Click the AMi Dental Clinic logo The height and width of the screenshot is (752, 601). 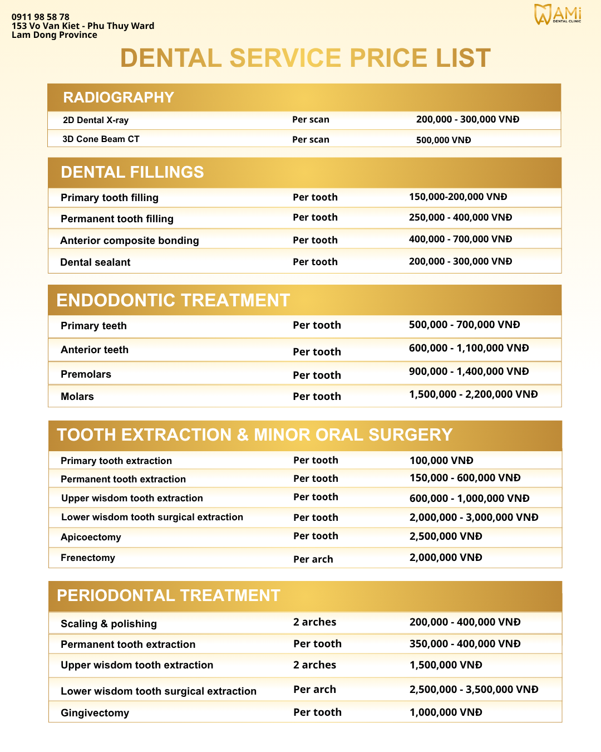[x=558, y=14]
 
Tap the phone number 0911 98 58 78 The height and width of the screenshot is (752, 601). [x=41, y=17]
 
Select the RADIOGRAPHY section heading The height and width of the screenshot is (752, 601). [x=119, y=97]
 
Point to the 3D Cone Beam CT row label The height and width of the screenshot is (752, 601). [x=101, y=139]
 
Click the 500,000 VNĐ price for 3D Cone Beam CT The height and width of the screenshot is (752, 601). [x=444, y=140]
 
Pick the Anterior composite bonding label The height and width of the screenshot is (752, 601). [x=130, y=241]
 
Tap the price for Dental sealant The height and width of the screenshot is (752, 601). [x=460, y=261]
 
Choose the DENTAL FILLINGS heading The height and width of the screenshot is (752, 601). [x=132, y=172]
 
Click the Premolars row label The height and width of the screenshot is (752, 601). [x=86, y=374]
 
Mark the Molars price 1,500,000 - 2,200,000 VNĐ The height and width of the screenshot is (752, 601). [x=474, y=394]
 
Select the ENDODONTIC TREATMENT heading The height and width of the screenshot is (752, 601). [x=173, y=300]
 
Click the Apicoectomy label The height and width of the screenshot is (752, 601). [x=91, y=537]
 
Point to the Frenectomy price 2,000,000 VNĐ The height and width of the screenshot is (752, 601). [x=446, y=558]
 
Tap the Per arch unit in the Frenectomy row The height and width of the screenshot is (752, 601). [x=313, y=559]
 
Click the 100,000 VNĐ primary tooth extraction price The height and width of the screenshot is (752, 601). [x=441, y=461]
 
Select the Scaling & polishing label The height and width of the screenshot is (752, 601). [x=109, y=624]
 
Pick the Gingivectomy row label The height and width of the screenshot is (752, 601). [x=95, y=713]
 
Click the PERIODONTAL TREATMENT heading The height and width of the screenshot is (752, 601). [x=169, y=595]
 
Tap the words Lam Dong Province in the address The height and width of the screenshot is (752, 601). [x=55, y=35]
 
